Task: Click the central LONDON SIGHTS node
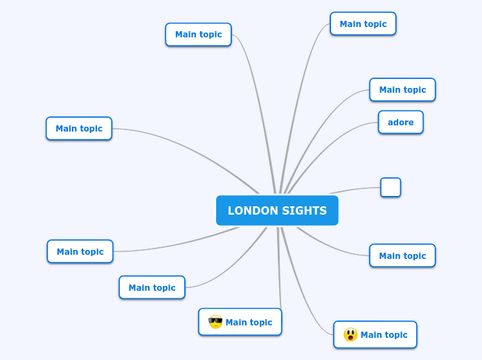coord(277,210)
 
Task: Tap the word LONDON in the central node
coord(250,210)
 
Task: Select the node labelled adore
coord(400,123)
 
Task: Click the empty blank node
coord(391,187)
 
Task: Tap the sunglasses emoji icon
coord(215,322)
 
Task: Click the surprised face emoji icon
coord(350,335)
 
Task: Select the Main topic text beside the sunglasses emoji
coord(249,322)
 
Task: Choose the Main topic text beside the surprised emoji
coord(384,335)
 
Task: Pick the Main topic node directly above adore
coord(402,90)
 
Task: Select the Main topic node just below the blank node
coord(402,255)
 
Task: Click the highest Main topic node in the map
coord(363,24)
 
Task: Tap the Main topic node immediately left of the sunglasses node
coord(152,287)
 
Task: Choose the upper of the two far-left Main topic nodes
coord(79,128)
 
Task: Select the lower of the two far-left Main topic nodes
coord(80,251)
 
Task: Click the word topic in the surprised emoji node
coord(395,335)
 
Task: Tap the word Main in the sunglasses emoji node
coord(236,322)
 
